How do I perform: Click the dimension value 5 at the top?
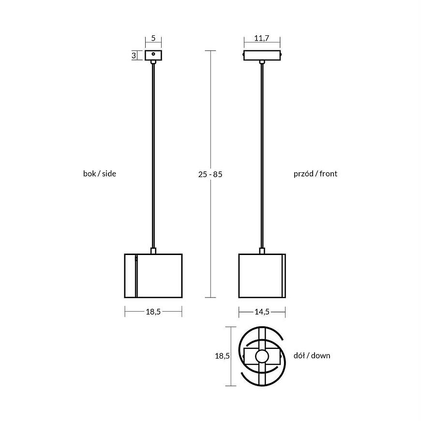point(153,38)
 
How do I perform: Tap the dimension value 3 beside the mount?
point(134,56)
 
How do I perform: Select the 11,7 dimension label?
point(262,38)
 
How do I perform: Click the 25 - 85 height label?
point(210,174)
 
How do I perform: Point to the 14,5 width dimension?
point(262,312)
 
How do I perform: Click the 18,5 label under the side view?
point(153,312)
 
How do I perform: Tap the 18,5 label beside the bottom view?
point(222,356)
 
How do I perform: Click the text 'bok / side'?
point(100,174)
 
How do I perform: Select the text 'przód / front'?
point(316,174)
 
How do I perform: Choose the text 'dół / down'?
point(312,356)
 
